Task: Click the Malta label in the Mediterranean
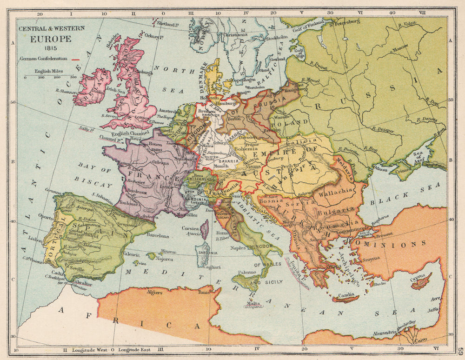coord(253,302)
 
